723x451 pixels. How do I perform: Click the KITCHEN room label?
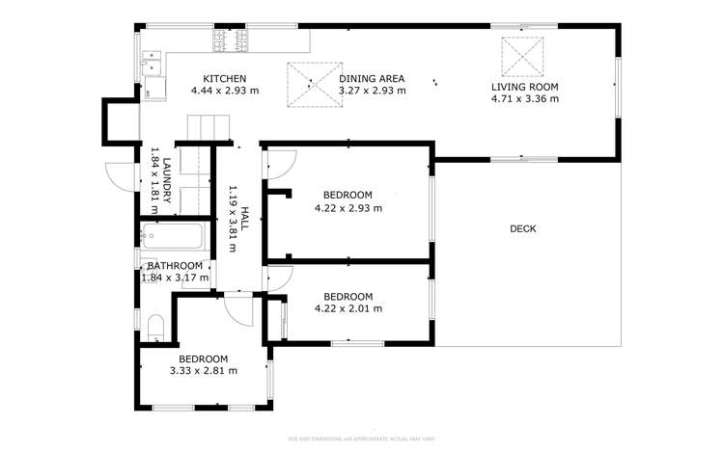(x=225, y=79)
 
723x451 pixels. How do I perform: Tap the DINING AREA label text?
(x=372, y=79)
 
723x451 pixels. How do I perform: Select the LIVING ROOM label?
(x=525, y=86)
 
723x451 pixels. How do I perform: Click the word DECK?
(x=522, y=228)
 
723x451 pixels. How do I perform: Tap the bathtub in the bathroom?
(x=172, y=236)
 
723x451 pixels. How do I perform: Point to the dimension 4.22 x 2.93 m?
(x=348, y=207)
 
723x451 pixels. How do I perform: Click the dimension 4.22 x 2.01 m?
(x=348, y=309)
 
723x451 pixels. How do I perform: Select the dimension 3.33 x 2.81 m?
(x=204, y=370)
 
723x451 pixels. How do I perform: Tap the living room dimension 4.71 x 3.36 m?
(x=525, y=98)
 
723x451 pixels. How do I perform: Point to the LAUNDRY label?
(x=167, y=180)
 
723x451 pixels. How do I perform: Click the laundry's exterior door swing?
(x=119, y=175)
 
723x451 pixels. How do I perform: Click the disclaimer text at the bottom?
(x=361, y=438)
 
